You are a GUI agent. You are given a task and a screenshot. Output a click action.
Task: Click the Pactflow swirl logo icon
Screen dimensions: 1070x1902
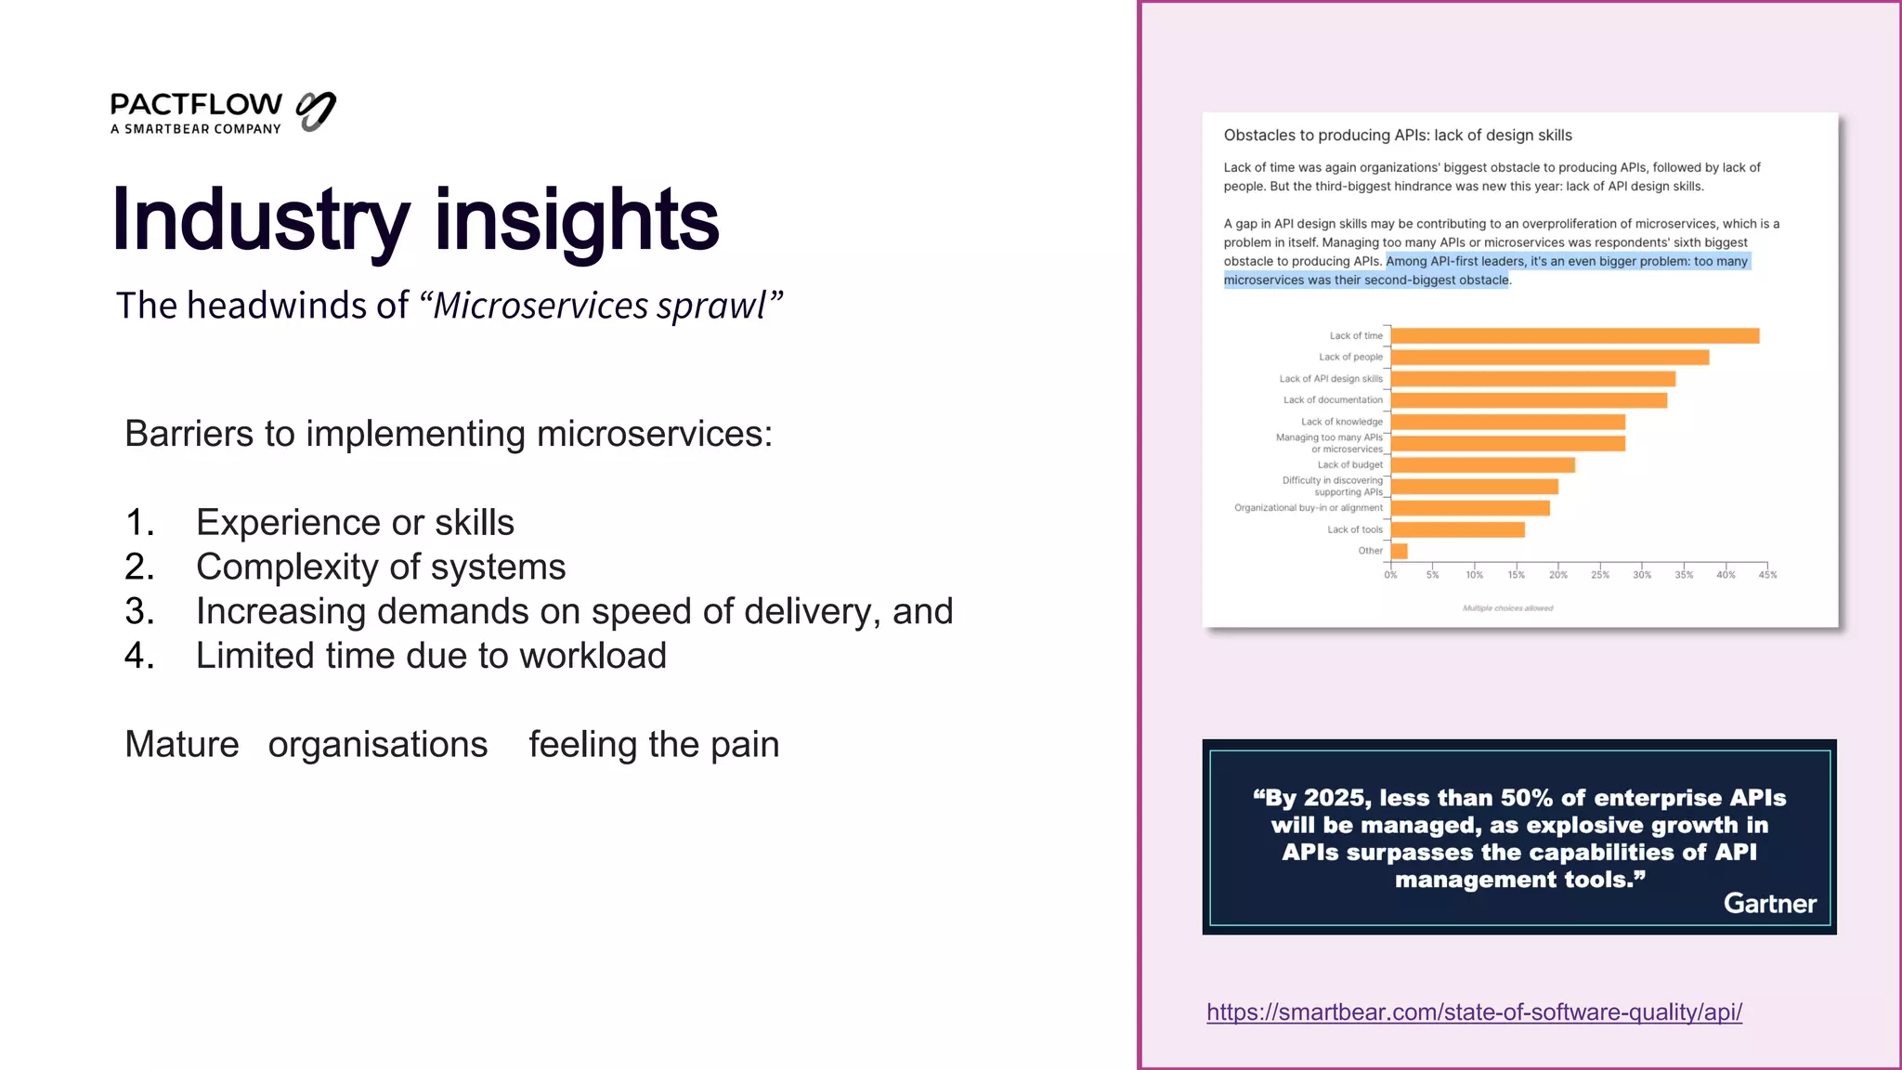point(316,111)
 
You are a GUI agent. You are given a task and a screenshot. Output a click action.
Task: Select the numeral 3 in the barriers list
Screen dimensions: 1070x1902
point(137,611)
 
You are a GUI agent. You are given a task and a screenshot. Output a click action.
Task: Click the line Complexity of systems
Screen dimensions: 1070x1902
point(381,567)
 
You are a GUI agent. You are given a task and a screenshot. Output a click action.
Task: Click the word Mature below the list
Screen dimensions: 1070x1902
point(182,745)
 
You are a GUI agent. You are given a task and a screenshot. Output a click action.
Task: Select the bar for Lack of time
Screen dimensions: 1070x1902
point(1574,336)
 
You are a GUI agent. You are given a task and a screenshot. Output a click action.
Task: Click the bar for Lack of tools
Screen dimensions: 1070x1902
point(1457,529)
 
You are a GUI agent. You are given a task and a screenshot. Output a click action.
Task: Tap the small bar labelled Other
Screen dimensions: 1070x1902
point(1399,551)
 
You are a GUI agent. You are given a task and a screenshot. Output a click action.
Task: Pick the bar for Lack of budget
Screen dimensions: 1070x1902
point(1482,464)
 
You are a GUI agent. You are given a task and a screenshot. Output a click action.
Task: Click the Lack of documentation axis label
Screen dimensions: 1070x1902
point(1333,400)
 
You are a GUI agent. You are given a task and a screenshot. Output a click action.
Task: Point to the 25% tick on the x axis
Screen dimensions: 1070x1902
point(1600,575)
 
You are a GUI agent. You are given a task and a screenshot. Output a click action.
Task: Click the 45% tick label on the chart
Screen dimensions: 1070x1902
point(1767,575)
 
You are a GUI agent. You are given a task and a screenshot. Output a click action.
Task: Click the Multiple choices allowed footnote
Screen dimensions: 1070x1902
point(1507,608)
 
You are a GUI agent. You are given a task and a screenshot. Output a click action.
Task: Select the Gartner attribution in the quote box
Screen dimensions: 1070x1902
point(1769,904)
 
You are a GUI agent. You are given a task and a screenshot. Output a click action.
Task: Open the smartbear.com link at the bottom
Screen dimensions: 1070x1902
point(1474,1012)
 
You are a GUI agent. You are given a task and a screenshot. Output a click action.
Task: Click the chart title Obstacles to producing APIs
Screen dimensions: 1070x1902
point(1397,136)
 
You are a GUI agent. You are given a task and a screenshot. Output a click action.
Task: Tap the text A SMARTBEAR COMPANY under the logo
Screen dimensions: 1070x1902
point(196,129)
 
